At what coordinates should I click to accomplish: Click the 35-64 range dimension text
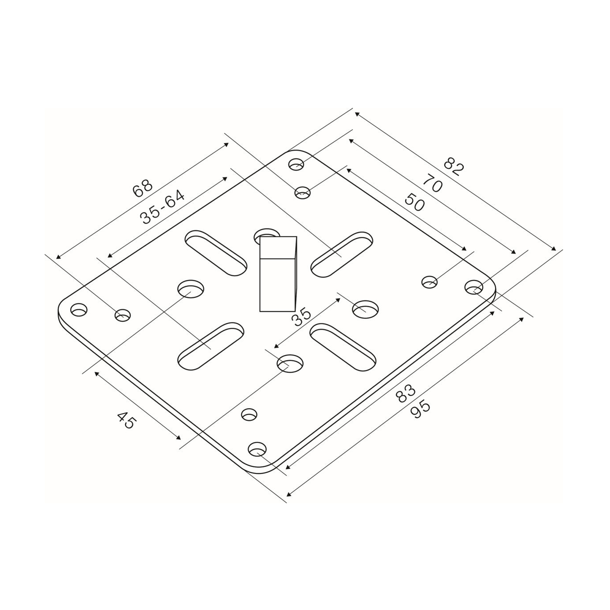coord(162,207)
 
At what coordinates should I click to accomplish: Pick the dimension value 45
coord(126,420)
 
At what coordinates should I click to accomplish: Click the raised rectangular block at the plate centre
coord(278,274)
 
